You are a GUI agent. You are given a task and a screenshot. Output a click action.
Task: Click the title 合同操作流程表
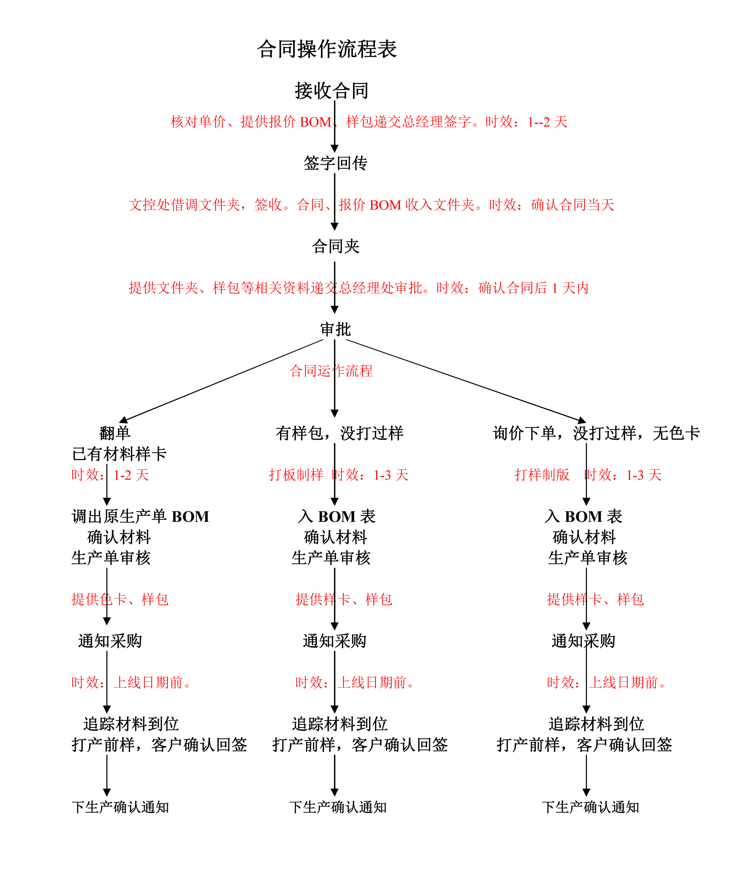pyautogui.click(x=327, y=49)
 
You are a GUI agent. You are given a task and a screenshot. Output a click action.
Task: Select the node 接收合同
pyautogui.click(x=332, y=90)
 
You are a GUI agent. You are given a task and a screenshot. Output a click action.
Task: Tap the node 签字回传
pyautogui.click(x=335, y=163)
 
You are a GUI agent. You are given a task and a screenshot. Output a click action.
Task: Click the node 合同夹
pyautogui.click(x=335, y=246)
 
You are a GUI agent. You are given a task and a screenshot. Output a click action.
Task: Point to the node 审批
pyautogui.click(x=335, y=329)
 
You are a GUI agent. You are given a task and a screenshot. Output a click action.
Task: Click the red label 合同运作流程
pyautogui.click(x=331, y=371)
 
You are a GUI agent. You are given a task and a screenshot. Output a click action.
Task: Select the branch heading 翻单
pyautogui.click(x=114, y=433)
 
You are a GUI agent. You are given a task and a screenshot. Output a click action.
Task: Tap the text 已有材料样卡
pyautogui.click(x=119, y=454)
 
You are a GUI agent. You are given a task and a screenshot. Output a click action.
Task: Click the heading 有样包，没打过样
pyautogui.click(x=340, y=433)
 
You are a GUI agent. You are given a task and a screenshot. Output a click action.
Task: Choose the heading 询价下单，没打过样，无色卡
pyautogui.click(x=597, y=433)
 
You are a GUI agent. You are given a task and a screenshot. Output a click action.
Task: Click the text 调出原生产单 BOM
pyautogui.click(x=140, y=516)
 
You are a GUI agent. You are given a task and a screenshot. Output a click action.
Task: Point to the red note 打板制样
pyautogui.click(x=296, y=475)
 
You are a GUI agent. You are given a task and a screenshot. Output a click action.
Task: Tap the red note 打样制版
pyautogui.click(x=542, y=475)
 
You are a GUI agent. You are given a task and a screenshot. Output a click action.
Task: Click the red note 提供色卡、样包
pyautogui.click(x=120, y=599)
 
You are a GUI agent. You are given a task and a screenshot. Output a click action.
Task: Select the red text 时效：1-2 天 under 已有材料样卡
pyautogui.click(x=110, y=475)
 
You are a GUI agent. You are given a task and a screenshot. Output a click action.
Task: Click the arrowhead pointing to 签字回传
pyautogui.click(x=334, y=148)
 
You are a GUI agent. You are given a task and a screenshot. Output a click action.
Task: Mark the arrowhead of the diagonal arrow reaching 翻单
pyautogui.click(x=123, y=420)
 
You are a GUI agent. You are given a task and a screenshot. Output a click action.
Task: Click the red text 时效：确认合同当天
pyautogui.click(x=551, y=205)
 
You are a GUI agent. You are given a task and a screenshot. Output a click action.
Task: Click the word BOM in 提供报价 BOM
pyautogui.click(x=316, y=122)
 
